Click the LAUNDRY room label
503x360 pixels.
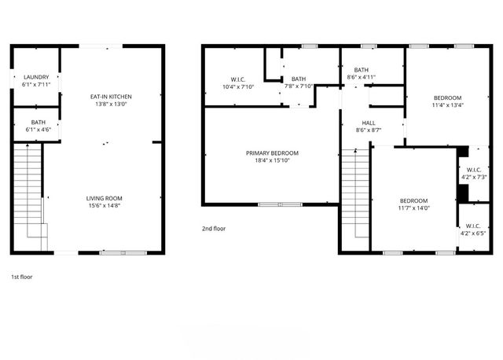tap(35, 77)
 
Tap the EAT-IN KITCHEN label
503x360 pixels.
tap(109, 96)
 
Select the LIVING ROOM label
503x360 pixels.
tap(104, 198)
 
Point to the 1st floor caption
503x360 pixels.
tap(21, 277)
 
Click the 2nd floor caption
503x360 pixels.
tap(213, 229)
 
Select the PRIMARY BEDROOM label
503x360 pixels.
tap(272, 153)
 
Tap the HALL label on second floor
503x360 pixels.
tap(368, 123)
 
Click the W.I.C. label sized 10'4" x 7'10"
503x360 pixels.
tap(239, 79)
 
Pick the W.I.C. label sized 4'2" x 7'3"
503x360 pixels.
tap(474, 170)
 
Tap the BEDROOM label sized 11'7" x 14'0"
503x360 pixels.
tap(413, 200)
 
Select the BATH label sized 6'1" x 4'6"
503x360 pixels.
tap(38, 123)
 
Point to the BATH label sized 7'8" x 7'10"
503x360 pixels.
tap(299, 79)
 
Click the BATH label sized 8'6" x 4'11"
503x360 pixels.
tap(362, 70)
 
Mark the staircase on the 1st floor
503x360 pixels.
tap(28, 193)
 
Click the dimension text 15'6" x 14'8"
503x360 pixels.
tap(104, 207)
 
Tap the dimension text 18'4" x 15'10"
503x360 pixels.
tap(272, 161)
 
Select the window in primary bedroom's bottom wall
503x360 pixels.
tap(280, 204)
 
